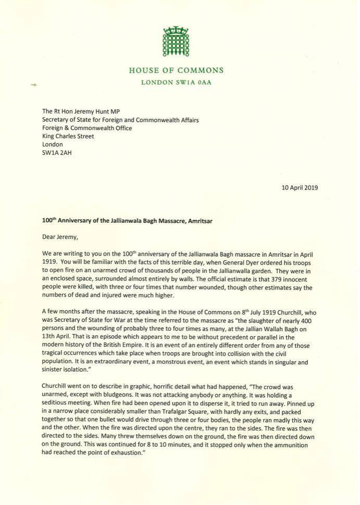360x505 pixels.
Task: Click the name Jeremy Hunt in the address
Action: (90, 111)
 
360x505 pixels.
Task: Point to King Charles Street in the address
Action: (68, 136)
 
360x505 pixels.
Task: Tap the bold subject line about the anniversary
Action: (127, 220)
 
